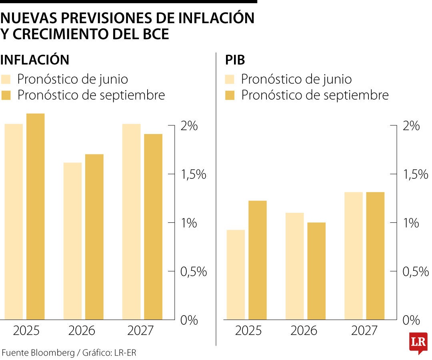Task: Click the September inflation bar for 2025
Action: tap(36, 216)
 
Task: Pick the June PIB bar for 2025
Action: tap(236, 275)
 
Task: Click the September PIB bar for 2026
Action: tap(316, 271)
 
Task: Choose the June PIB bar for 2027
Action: tap(354, 256)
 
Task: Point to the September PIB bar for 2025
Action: tap(258, 260)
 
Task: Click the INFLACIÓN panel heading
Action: tap(35, 60)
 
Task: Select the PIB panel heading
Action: tap(235, 60)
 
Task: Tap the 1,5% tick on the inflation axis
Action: tap(171, 174)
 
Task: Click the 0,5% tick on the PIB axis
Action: tap(393, 271)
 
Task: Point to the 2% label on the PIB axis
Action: tap(411, 126)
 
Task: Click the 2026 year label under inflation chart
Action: tap(82, 331)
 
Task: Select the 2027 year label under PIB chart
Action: tap(364, 331)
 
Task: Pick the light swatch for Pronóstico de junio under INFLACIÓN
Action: tap(6, 79)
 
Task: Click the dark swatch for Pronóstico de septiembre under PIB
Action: tap(230, 95)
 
